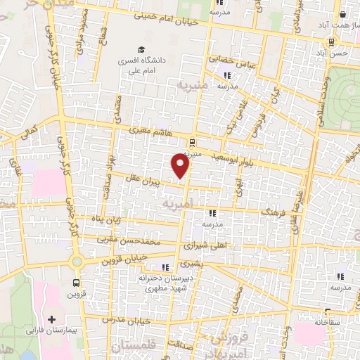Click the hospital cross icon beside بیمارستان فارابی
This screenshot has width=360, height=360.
[x=51, y=319]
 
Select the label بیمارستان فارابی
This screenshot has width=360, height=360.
[x=54, y=330]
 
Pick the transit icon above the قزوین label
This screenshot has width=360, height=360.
[x=75, y=284]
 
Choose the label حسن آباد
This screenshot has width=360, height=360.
[x=331, y=53]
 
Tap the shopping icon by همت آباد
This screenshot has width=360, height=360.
[x=342, y=14]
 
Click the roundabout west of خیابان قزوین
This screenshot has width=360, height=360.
[x=77, y=261]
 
